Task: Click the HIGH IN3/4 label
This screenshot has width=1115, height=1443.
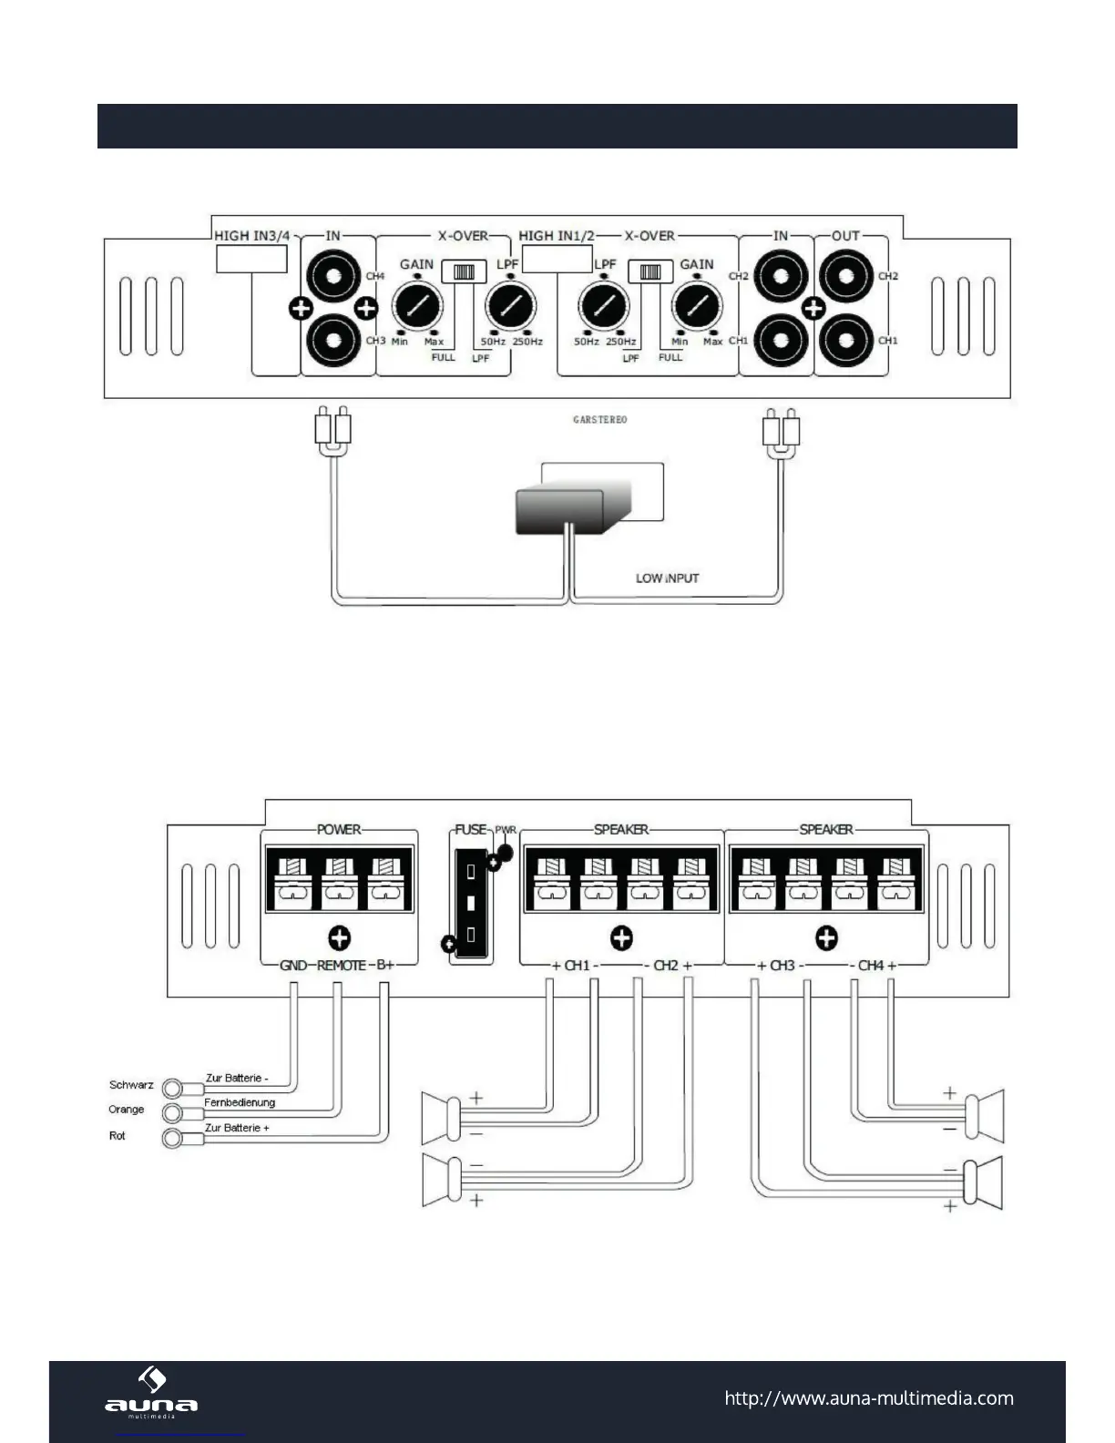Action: coord(251,236)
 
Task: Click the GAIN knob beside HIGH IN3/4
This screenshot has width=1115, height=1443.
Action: coord(415,304)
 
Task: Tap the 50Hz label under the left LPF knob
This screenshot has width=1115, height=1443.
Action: coord(493,342)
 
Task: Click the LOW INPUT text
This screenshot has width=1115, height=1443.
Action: coord(667,578)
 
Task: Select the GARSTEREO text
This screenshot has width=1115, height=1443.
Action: coord(599,420)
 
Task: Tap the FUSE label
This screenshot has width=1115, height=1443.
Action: coord(471,830)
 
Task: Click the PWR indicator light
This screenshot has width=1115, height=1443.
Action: coord(505,853)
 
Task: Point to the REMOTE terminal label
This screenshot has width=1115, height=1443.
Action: coord(342,966)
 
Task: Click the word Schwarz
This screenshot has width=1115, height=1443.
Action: coord(131,1085)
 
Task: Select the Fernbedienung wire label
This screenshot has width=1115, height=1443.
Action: coord(240,1102)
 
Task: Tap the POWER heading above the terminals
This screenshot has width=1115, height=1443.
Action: coord(339,830)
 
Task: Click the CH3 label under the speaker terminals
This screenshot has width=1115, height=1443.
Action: coord(783,966)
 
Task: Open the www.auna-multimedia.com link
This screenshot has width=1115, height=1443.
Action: coord(868,1398)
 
